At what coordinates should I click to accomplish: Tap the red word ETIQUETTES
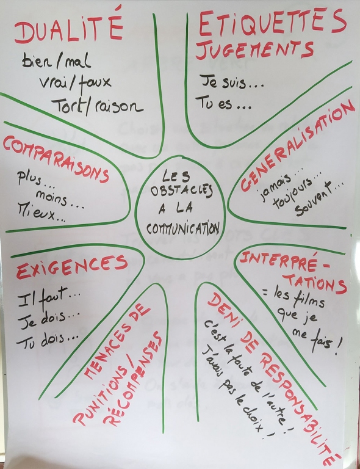tap(273, 23)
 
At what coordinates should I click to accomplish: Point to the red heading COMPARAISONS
tap(56, 159)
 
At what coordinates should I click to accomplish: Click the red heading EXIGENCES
tap(72, 266)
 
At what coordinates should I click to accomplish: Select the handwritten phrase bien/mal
tap(56, 61)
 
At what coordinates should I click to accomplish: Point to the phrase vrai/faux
tap(75, 82)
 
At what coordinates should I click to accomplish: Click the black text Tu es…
tap(223, 103)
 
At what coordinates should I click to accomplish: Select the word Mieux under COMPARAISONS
tap(41, 213)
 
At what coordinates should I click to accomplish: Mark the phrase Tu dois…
tap(48, 341)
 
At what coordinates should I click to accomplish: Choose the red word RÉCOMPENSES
tap(132, 379)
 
